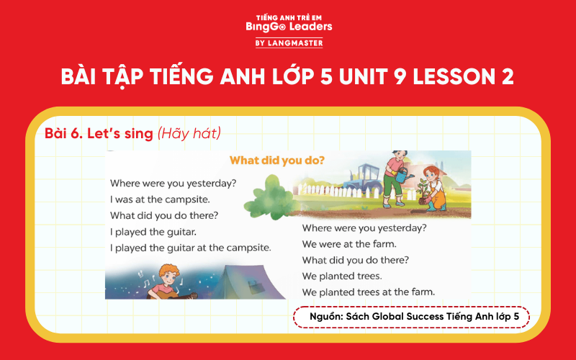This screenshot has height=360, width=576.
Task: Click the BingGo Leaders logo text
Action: pos(288,26)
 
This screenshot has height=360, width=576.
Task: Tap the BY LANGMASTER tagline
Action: pos(288,43)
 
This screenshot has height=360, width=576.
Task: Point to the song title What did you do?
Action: pos(276,160)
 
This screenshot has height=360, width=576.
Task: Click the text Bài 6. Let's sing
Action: pos(98,133)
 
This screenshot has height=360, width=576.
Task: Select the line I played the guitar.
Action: pos(153,231)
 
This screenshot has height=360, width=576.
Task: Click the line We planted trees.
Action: pos(342,276)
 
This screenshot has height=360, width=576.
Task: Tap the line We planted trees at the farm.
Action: pos(368,292)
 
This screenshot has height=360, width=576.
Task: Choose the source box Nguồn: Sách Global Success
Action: pos(410,318)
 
